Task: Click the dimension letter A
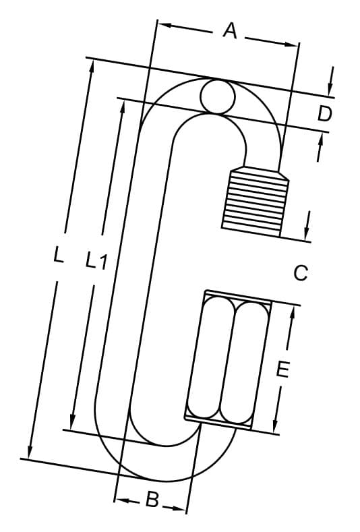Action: tap(230, 30)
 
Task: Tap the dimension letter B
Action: tap(152, 500)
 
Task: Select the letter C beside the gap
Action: tap(301, 273)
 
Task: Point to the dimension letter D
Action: tap(324, 114)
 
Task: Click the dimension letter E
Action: tap(282, 370)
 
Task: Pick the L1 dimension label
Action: tap(96, 260)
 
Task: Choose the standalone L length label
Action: tap(59, 255)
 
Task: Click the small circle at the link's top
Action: tap(218, 96)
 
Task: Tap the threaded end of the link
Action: tap(255, 202)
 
